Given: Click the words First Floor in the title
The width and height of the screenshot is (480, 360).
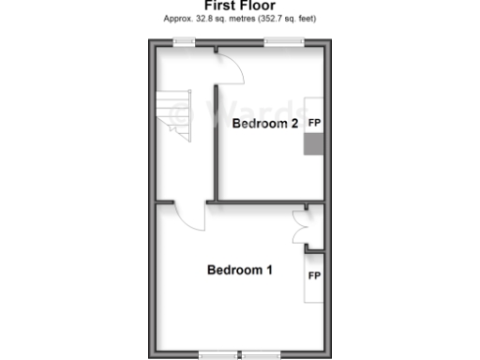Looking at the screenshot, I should pos(240,6).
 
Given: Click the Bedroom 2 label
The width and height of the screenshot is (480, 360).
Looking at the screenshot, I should pos(265,123).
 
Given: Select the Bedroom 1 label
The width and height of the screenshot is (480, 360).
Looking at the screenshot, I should pos(240,271).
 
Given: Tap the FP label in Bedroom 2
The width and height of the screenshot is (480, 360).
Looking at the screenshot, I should pos(314,123).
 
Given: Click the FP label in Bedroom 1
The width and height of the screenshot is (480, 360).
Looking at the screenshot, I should pos(314,276).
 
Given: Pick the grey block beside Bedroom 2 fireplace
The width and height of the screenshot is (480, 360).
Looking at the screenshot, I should pos(314,144).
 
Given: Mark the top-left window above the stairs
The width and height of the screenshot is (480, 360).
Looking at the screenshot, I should pos(184,40).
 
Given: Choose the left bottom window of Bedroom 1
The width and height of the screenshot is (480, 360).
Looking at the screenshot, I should pos(218,353).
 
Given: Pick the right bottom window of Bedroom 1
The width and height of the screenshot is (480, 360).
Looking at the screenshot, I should pos(262,353).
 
